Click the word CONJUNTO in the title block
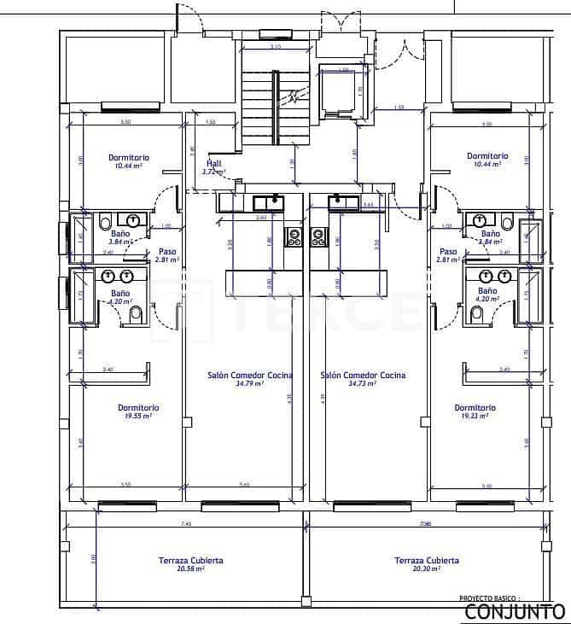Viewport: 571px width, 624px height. click(x=514, y=611)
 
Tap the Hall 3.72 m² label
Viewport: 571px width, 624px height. click(x=213, y=166)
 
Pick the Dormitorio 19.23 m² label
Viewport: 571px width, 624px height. click(x=475, y=411)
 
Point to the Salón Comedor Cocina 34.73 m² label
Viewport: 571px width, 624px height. click(x=363, y=379)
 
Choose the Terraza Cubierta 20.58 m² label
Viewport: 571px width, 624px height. click(x=190, y=564)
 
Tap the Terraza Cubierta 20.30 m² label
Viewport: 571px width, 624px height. click(x=427, y=564)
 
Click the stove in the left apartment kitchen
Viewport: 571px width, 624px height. click(x=294, y=236)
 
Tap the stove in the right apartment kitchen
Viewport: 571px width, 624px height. click(x=319, y=236)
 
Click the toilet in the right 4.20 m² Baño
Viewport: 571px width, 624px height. click(x=477, y=315)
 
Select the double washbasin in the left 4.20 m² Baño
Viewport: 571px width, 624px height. click(x=118, y=276)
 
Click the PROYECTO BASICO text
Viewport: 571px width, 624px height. click(x=489, y=599)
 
